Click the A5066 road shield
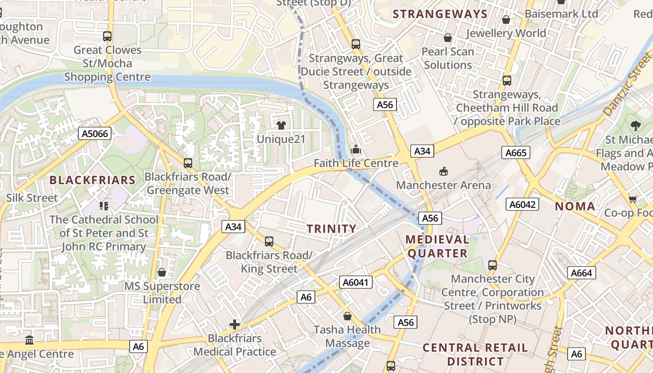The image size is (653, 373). [x=95, y=134]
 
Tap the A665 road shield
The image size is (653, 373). [x=516, y=152]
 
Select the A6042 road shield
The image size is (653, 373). [x=522, y=204]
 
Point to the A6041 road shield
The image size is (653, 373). [x=355, y=282]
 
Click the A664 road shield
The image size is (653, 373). [x=582, y=273]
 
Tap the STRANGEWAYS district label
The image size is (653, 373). [x=440, y=14]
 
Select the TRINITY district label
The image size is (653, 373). [x=332, y=228]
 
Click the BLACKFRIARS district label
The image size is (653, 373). [x=92, y=180]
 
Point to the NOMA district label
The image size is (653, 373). [x=575, y=206]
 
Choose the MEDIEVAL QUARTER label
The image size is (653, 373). [x=437, y=246]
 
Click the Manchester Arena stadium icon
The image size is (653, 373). [x=443, y=172]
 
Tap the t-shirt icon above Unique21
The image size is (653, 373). [x=281, y=125]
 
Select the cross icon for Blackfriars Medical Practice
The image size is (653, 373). [x=235, y=325]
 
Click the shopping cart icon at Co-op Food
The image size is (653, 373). [x=633, y=199]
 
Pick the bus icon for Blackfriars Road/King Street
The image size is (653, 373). [x=269, y=242]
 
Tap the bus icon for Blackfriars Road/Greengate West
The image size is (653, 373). [x=188, y=163]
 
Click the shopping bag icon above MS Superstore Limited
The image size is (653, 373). [x=162, y=272]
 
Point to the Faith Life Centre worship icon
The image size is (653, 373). [x=356, y=150]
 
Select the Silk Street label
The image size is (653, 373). [x=32, y=198]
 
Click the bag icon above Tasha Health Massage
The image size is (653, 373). [x=347, y=316]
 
